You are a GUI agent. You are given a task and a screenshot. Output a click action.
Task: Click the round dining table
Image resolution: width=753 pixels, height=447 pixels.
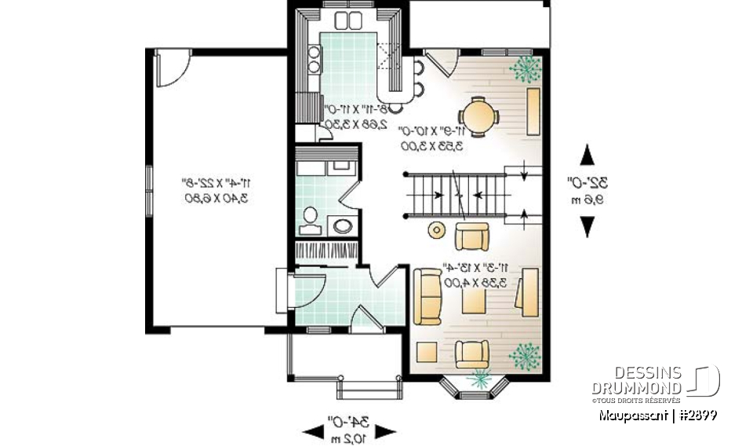478,117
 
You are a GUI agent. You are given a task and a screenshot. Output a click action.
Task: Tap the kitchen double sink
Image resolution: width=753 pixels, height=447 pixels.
346,20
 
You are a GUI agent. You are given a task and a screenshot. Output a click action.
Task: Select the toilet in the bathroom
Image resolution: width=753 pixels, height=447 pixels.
310,219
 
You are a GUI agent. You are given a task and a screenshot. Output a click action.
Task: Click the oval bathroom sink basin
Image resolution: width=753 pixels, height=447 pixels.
343,226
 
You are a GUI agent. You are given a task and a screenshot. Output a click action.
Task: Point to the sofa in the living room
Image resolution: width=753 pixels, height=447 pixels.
427,296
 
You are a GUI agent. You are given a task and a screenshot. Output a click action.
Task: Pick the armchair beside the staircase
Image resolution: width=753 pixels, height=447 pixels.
472,235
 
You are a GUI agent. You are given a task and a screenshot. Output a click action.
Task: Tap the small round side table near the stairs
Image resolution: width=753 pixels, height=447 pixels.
436,229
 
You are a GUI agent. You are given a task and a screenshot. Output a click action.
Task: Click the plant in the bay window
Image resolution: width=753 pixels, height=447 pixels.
476,378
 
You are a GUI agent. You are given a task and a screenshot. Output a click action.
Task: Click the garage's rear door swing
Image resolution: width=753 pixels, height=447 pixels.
167,68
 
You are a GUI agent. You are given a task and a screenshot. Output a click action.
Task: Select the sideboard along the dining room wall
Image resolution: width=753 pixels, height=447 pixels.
533,111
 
